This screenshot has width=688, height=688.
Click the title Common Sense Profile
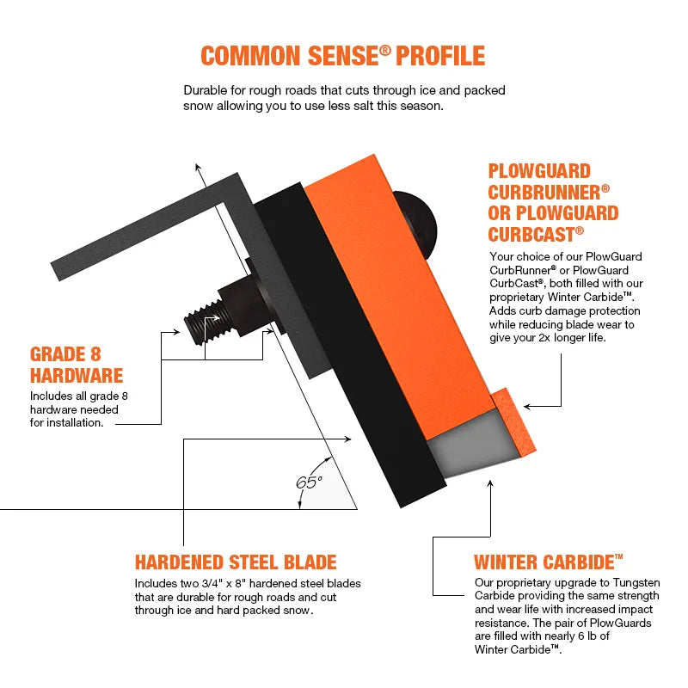tap(342, 56)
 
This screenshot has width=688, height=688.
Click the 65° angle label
tap(309, 482)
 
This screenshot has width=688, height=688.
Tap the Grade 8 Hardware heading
tap(77, 365)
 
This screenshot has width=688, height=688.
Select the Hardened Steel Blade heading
tap(236, 562)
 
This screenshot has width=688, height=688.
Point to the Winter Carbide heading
tap(548, 562)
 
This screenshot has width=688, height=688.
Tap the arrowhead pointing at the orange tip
tap(527, 405)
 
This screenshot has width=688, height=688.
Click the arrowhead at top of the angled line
tap(198, 168)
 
